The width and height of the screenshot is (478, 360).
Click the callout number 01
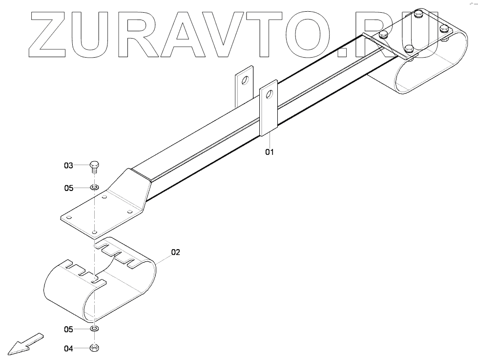(270, 152)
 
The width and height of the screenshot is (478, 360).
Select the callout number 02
(176, 253)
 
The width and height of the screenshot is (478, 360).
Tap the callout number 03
(68, 166)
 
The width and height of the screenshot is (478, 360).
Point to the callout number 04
(68, 348)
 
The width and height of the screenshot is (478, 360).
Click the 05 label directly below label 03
(68, 188)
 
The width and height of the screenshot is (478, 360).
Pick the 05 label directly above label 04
(68, 330)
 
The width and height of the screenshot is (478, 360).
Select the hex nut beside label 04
(94, 348)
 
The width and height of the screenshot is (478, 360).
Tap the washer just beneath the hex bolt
(94, 188)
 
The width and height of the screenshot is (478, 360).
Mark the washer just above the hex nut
(94, 329)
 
